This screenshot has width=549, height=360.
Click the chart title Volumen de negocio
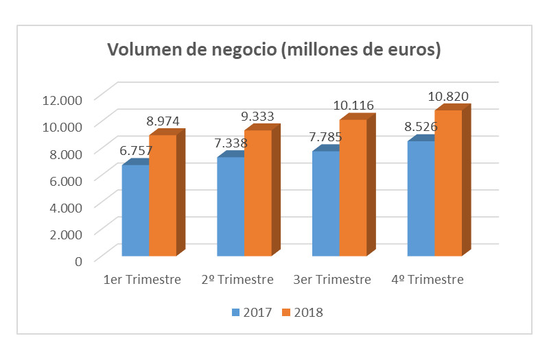pos(273,50)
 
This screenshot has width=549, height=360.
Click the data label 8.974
pos(163,121)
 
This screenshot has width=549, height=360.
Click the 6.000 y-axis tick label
pos(65,179)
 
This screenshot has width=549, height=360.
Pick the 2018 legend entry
pos(303,313)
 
